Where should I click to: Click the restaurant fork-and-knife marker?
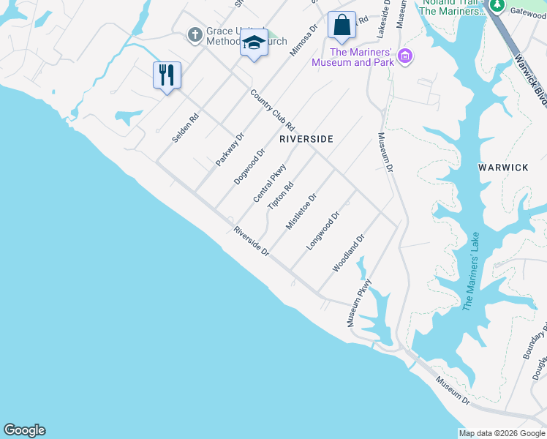coord(167,75)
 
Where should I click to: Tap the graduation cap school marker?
coord(254,43)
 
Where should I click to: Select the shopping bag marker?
coord(342,26)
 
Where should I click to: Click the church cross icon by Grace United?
coord(195,34)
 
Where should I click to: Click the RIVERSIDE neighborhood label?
coord(306,139)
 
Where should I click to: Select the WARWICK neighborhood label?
coord(503,168)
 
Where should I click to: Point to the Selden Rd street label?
coord(186,128)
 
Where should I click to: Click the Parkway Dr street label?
coord(229,149)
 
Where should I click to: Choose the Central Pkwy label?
coord(269,184)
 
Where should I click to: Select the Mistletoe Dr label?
coord(301,211)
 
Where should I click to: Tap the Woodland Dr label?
coord(348,253)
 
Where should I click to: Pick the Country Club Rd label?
coord(271,110)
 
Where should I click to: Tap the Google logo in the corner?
coord(24,430)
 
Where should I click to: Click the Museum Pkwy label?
coord(359,302)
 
